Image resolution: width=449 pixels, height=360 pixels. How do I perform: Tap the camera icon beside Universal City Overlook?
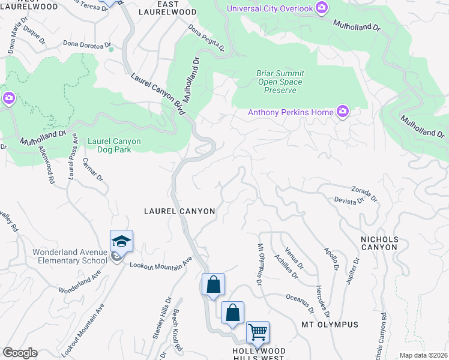click(x=322, y=7)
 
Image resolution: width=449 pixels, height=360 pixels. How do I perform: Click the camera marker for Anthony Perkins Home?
click(x=343, y=111)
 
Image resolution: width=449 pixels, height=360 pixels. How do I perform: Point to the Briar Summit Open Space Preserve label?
click(x=280, y=82)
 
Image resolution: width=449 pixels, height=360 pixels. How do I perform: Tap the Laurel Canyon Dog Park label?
click(x=114, y=145)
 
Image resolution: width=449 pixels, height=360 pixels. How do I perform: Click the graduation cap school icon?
click(x=121, y=241)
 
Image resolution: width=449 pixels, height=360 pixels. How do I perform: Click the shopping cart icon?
click(x=258, y=332)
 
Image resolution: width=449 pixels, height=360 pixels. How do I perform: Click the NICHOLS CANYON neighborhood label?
click(x=379, y=243)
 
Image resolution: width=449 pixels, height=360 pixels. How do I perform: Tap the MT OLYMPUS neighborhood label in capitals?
click(x=330, y=325)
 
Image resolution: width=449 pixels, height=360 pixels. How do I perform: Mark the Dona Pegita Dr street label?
click(x=206, y=38)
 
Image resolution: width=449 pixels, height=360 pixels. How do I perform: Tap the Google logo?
click(x=20, y=353)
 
